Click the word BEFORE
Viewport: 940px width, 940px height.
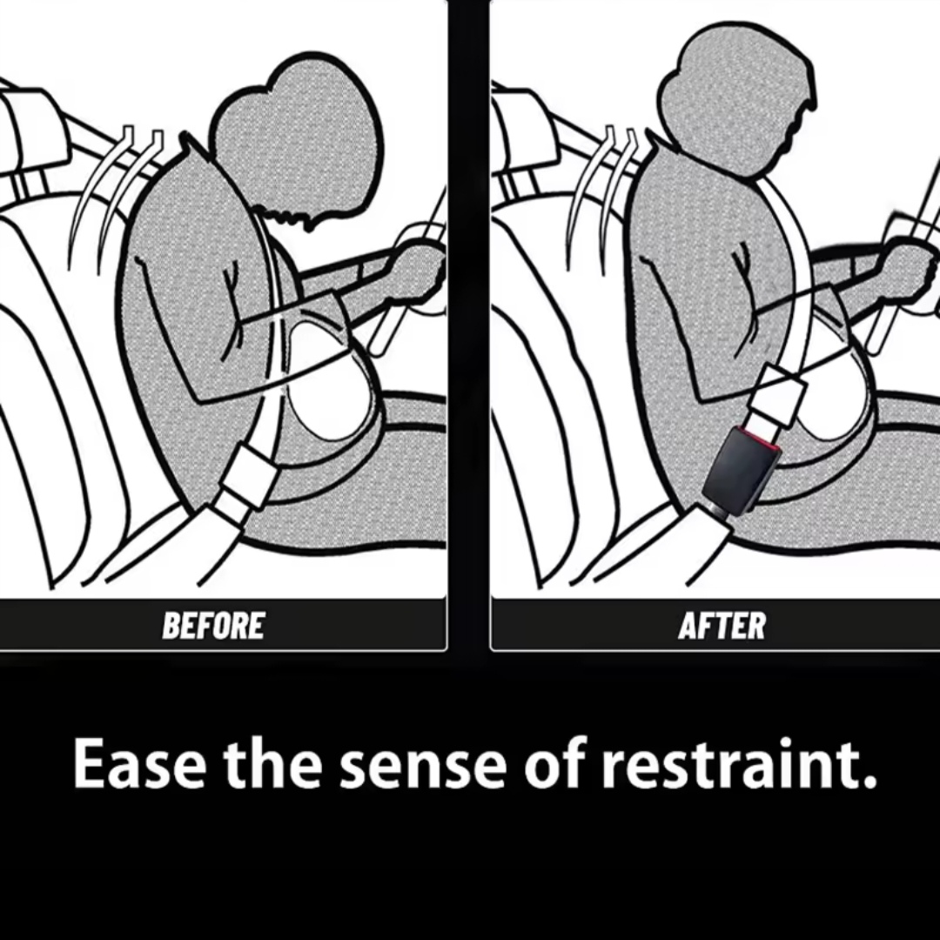pyautogui.click(x=213, y=626)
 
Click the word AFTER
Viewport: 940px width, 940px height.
pyautogui.click(x=722, y=626)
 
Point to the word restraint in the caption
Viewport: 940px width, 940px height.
pyautogui.click(x=739, y=764)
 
